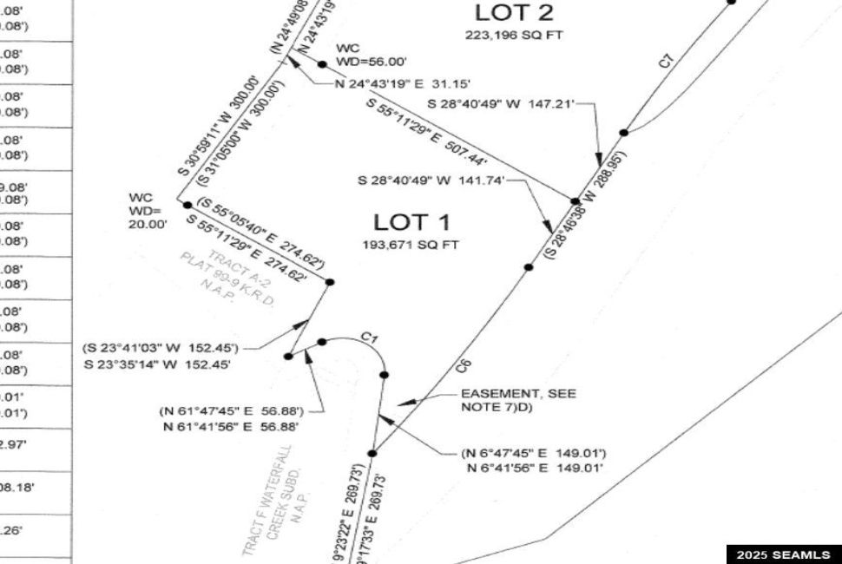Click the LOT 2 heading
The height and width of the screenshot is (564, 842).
tap(513, 14)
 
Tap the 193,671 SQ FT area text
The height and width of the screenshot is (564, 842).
tap(410, 245)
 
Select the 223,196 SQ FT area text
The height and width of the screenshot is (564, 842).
tap(514, 36)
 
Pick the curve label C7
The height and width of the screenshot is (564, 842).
tap(666, 61)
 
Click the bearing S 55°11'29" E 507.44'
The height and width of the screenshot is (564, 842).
tap(427, 132)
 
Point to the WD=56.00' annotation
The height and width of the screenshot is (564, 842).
tap(371, 62)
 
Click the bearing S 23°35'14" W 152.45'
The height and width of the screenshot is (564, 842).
tap(157, 364)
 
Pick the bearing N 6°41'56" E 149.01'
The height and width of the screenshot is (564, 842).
tap(535, 469)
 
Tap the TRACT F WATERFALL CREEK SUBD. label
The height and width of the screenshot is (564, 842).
tap(275, 499)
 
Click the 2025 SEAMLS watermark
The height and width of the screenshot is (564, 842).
tap(783, 554)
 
